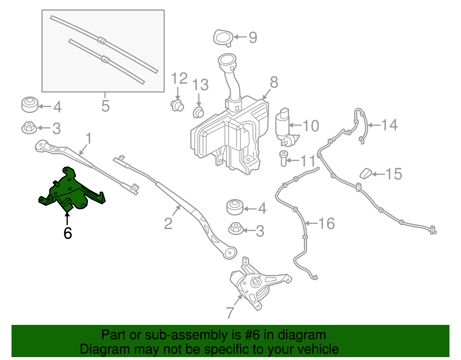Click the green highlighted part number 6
[x=69, y=190]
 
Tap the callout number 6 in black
[x=67, y=233]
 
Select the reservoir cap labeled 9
[x=223, y=37]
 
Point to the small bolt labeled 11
[x=284, y=159]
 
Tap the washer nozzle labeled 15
[x=366, y=174]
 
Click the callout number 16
[x=326, y=223]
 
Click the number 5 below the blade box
[x=105, y=106]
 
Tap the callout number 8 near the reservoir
[x=274, y=82]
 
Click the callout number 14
[x=389, y=125]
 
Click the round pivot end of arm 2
[x=230, y=253]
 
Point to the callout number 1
[x=89, y=138]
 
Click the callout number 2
[x=168, y=224]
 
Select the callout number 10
[x=311, y=126]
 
